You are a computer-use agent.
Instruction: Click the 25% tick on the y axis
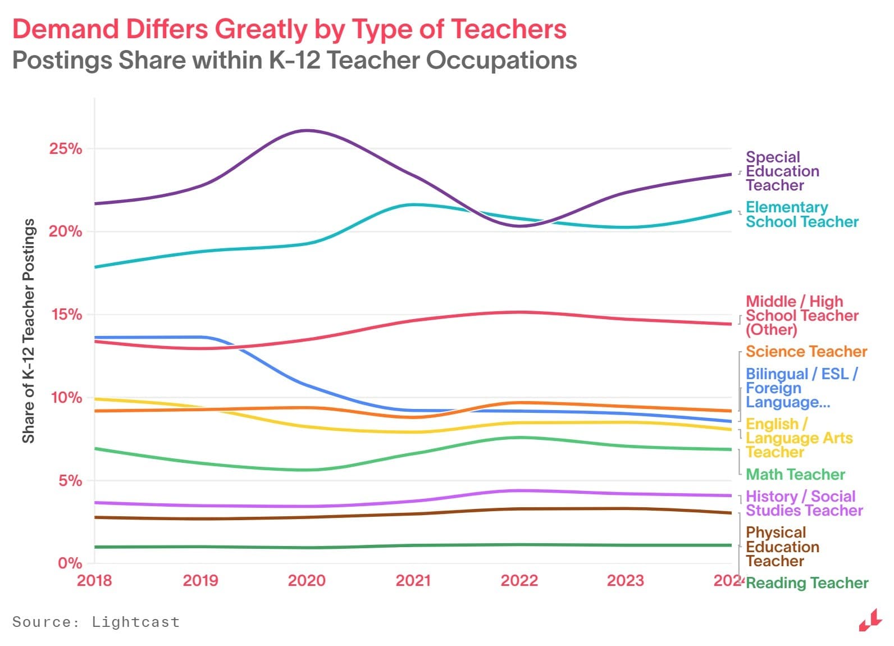pyautogui.click(x=65, y=149)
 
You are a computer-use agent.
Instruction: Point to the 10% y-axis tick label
pyautogui.click(x=66, y=398)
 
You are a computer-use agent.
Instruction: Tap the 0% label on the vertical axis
pyautogui.click(x=70, y=563)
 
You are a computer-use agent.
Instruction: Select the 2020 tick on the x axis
pyautogui.click(x=307, y=580)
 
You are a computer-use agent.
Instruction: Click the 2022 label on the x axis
pyautogui.click(x=519, y=580)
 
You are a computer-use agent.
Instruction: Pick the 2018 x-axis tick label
pyautogui.click(x=94, y=580)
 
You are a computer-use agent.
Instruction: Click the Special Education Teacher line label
pyautogui.click(x=782, y=171)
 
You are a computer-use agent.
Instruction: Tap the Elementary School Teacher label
pyautogui.click(x=801, y=215)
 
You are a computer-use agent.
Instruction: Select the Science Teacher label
pyautogui.click(x=806, y=352)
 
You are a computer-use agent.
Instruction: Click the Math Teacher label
pyautogui.click(x=795, y=475)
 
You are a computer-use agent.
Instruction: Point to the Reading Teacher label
pyautogui.click(x=806, y=583)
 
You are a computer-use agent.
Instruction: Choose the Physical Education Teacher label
pyautogui.click(x=782, y=547)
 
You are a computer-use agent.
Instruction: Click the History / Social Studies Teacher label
pyautogui.click(x=804, y=503)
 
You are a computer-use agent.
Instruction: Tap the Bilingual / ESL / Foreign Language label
pyautogui.click(x=801, y=388)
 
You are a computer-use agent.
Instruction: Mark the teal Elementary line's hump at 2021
pyautogui.click(x=413, y=204)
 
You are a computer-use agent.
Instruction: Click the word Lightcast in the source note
pyautogui.click(x=135, y=622)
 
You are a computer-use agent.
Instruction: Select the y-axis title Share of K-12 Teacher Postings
pyautogui.click(x=29, y=331)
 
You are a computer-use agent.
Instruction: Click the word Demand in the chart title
pyautogui.click(x=66, y=29)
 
